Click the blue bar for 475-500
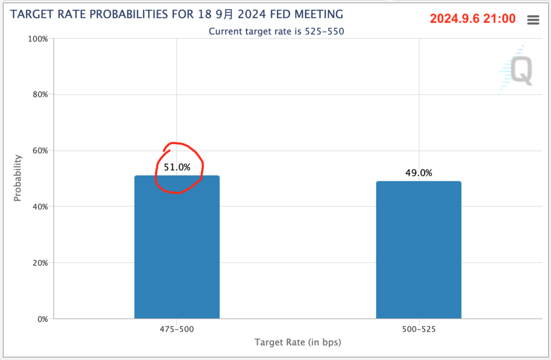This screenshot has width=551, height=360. (177, 247)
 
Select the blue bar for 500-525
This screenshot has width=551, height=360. (418, 250)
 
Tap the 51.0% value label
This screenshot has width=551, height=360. (177, 167)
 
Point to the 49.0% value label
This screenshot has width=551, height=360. (419, 173)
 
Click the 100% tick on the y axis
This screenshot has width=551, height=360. (38, 39)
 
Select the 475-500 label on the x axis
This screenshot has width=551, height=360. (177, 328)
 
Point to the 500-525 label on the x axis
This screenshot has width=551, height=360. (419, 328)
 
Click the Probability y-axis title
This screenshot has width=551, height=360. (18, 178)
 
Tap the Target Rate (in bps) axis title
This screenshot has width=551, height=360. (298, 342)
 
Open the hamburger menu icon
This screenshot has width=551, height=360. (533, 20)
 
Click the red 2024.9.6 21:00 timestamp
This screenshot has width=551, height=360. (473, 19)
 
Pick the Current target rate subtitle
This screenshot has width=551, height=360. (276, 31)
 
